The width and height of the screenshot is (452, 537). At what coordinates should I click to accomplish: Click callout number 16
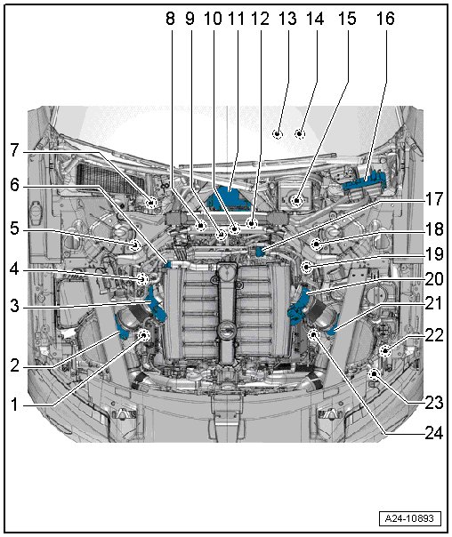point(385,18)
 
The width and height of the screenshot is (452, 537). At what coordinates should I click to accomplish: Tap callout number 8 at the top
point(170,18)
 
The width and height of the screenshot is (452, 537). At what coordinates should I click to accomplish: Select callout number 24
point(434,433)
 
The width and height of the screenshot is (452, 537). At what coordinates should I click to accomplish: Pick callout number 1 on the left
point(14,405)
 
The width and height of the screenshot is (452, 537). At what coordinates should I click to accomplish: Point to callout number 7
point(14,150)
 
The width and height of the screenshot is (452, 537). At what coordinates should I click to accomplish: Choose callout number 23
point(434,403)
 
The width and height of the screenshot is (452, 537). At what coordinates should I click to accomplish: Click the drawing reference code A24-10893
point(409,518)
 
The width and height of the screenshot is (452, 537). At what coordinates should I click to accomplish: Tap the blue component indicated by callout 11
point(230,196)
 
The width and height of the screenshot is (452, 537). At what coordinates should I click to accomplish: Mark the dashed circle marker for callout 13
point(277,133)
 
